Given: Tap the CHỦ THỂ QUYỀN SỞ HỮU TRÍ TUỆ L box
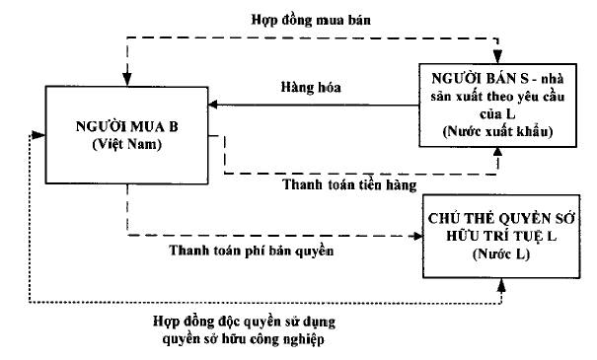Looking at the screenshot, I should [503, 231].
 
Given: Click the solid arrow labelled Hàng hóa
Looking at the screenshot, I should [316, 105].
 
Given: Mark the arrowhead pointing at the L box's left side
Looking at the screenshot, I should [416, 236].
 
